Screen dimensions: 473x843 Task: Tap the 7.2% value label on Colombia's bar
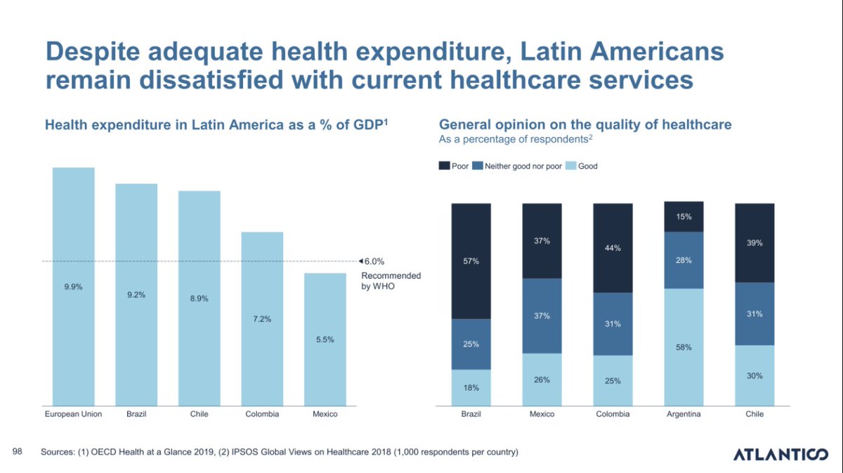coord(262,319)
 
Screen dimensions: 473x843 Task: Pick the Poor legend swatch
coord(444,167)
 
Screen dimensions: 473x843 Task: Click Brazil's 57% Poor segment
coord(471,261)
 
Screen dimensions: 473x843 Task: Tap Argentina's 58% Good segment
coord(684,346)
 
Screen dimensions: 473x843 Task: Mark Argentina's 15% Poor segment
coord(684,216)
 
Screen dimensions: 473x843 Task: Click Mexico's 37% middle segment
coord(542,316)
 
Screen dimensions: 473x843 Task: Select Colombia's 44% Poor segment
coord(613,248)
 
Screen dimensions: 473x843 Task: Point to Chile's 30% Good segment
coord(754,375)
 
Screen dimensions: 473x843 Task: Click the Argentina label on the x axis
coord(684,414)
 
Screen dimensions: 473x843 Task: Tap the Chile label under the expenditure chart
coord(199,414)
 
